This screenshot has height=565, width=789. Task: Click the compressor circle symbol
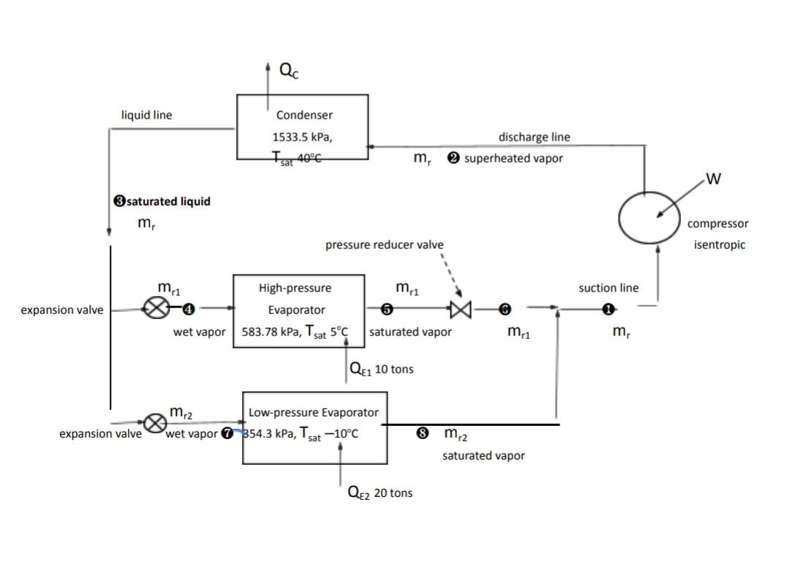[x=649, y=218]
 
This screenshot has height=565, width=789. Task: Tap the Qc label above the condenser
[x=289, y=70]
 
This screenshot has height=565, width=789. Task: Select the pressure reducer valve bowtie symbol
[x=461, y=310]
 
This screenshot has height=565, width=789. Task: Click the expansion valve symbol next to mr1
[x=156, y=310]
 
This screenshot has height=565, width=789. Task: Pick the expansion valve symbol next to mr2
[x=154, y=423]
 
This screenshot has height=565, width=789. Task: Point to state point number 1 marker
[x=608, y=310]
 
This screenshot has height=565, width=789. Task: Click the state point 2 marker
[x=453, y=159]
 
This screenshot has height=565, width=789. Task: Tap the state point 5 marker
[x=388, y=310]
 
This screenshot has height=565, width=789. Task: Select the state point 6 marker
[x=504, y=310]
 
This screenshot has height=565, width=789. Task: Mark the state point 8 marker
[x=422, y=433]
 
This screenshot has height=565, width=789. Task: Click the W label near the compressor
[x=714, y=179]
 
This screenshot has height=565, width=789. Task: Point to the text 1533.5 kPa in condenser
[x=303, y=137]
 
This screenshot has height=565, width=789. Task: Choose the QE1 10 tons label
[x=382, y=370]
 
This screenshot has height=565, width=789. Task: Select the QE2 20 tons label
[x=380, y=493]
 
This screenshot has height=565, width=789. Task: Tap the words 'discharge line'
[x=534, y=137]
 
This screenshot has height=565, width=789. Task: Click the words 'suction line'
[x=608, y=288]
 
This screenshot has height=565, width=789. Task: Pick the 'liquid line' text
[x=146, y=115]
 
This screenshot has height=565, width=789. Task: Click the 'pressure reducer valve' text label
[x=384, y=244]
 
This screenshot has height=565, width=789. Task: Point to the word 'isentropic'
[x=720, y=244]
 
